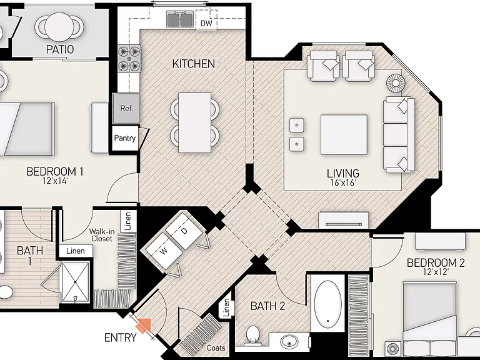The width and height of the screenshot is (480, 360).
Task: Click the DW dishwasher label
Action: pyautogui.click(x=206, y=23)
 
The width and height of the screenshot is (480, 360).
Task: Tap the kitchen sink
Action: pyautogui.click(x=180, y=19)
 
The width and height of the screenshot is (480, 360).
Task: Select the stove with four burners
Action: pyautogui.click(x=129, y=58)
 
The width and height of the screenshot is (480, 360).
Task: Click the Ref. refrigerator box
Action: pyautogui.click(x=126, y=109)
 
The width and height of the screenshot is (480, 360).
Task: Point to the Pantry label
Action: pyautogui.click(x=124, y=138)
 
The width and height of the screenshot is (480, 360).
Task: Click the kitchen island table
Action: pyautogui.click(x=195, y=122)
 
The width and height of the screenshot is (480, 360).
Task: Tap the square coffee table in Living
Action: pyautogui.click(x=344, y=135)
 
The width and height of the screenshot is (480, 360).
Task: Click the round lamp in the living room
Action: pyautogui.click(x=396, y=82)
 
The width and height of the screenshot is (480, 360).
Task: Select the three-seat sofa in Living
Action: pyautogui.click(x=399, y=135)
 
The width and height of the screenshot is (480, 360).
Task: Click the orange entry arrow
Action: pyautogui.click(x=144, y=325)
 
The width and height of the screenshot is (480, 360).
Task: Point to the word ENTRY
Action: pyautogui.click(x=120, y=337)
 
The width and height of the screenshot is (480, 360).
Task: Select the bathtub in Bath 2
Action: pyautogui.click(x=328, y=304)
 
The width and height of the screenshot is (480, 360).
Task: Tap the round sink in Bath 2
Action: pyautogui.click(x=289, y=341)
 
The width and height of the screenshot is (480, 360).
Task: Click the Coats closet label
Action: pyautogui.click(x=216, y=347)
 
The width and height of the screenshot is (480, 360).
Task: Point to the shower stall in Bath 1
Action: pyautogui.click(x=75, y=282)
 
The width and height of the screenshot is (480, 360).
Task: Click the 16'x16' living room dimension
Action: pyautogui.click(x=343, y=183)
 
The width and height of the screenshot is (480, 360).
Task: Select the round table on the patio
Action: pyautogui.click(x=60, y=26)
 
